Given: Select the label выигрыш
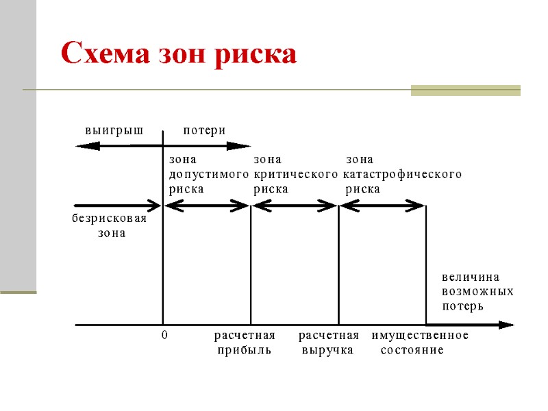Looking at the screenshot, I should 114,130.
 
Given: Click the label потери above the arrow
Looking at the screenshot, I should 205,130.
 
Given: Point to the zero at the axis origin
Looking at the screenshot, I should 164,336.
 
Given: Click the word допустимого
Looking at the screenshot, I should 208,175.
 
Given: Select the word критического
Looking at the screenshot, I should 295,175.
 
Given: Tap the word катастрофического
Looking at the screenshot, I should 403,175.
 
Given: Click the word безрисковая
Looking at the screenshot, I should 110,219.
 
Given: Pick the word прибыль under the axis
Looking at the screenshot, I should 245,350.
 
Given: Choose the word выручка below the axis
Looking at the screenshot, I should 327,350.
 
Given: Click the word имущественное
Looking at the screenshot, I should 420,336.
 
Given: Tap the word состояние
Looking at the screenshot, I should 412,350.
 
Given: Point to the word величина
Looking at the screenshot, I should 471,277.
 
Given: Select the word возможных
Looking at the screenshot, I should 478,292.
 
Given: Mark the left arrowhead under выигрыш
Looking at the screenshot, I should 82,145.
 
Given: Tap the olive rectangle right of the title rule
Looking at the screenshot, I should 465,90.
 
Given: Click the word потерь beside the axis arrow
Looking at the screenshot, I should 463,306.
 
